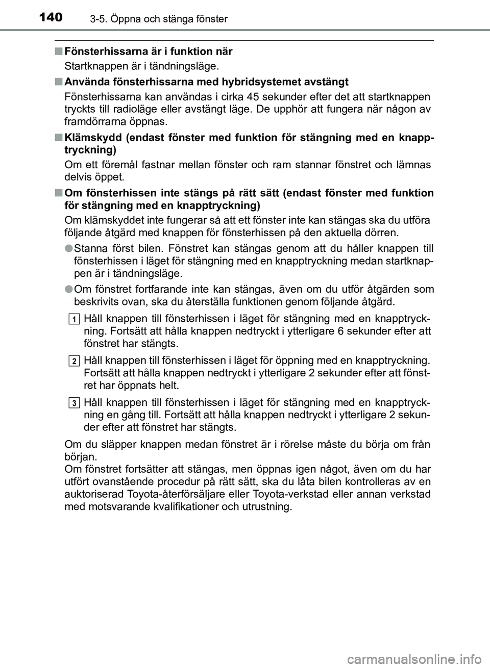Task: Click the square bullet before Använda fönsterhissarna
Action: click(x=60, y=82)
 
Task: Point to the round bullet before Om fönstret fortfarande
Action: click(x=69, y=289)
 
